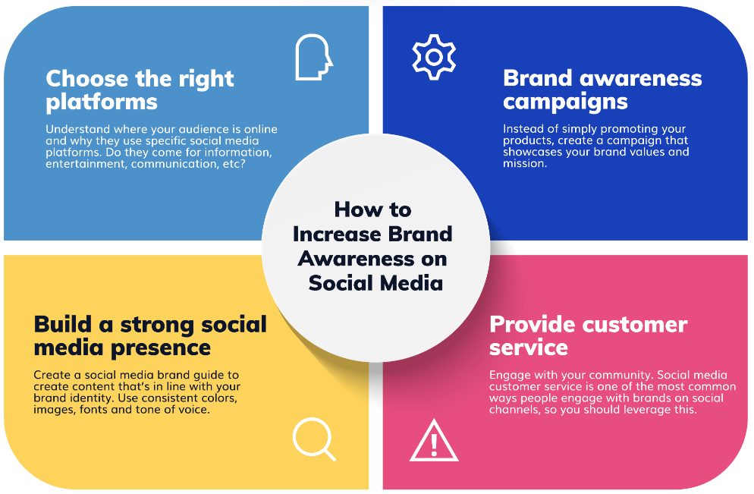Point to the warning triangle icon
click(x=434, y=442)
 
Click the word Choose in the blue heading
click(x=87, y=78)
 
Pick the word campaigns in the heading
click(x=566, y=102)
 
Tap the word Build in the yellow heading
click(x=62, y=324)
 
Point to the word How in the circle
click(x=356, y=209)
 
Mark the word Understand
click(x=78, y=129)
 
